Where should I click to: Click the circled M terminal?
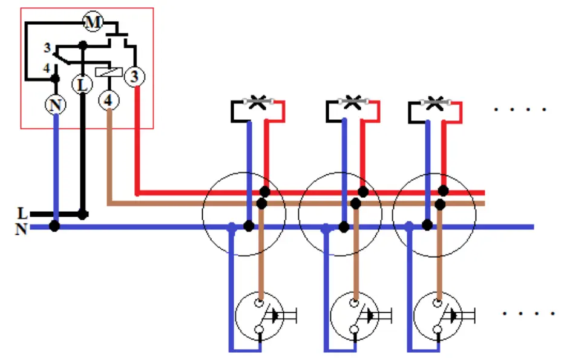[93, 22]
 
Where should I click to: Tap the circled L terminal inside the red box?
[82, 85]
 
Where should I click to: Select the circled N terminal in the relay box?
[56, 105]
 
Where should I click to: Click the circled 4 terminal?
[109, 100]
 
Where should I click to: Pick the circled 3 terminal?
[134, 76]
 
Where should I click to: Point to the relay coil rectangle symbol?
[109, 72]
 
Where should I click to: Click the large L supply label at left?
[22, 214]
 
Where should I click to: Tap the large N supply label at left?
[21, 229]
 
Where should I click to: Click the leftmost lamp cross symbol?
[258, 102]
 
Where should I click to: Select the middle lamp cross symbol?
[353, 102]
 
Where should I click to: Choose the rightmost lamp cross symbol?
[436, 102]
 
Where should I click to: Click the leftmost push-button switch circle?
[260, 316]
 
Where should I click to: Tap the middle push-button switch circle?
[354, 316]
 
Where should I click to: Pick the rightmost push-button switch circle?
[438, 316]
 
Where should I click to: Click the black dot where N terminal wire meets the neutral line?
[54, 226]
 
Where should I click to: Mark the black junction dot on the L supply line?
[83, 215]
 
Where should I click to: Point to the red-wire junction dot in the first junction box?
[264, 192]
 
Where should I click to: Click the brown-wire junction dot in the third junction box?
[440, 205]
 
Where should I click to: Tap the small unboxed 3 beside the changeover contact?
[47, 48]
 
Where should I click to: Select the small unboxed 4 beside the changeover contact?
[47, 68]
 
